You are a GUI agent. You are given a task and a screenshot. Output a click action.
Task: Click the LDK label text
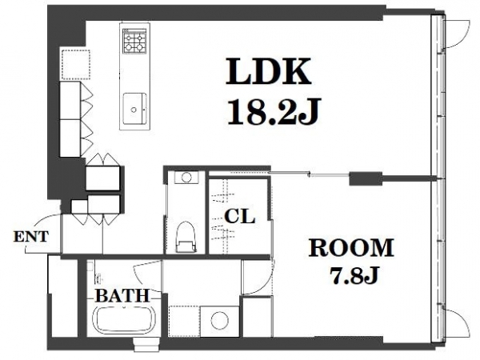(x=269, y=72)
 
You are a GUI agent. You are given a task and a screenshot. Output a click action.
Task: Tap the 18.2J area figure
(x=274, y=112)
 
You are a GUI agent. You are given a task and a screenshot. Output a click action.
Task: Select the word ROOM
(x=351, y=248)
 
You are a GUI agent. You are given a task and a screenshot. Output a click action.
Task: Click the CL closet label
(x=240, y=217)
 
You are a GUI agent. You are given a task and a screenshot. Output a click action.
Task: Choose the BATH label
(x=122, y=296)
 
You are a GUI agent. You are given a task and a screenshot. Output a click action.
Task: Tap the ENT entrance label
(x=31, y=237)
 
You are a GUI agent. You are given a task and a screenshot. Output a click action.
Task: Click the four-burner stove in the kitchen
(x=134, y=40)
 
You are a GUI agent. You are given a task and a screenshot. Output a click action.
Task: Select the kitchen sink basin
(x=134, y=109)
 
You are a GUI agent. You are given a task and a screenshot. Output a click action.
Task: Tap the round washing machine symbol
(x=219, y=320)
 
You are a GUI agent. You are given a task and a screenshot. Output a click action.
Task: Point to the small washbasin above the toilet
(x=186, y=178)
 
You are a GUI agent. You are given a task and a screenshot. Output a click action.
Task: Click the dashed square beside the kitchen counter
(x=76, y=64)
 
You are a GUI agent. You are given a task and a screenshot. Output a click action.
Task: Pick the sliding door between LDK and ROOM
(x=309, y=174)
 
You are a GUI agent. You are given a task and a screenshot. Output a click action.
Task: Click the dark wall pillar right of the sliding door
(x=366, y=178)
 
